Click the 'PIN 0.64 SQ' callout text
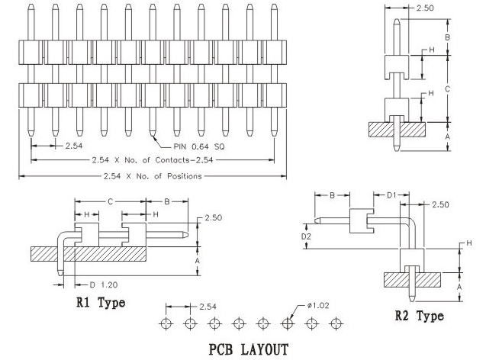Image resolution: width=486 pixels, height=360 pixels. (x=198, y=146)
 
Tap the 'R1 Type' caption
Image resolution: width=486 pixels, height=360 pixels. (x=101, y=302)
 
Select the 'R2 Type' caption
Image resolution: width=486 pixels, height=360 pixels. (x=419, y=316)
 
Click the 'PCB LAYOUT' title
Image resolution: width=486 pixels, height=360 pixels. (x=248, y=349)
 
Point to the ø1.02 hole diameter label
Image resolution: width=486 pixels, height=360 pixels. (x=318, y=306)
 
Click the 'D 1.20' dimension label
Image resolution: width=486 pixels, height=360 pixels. (x=104, y=284)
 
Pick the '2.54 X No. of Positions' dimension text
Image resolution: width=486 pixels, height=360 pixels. (x=153, y=176)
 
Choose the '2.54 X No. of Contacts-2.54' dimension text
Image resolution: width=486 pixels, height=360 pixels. (x=153, y=160)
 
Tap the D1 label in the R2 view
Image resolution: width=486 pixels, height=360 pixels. (x=392, y=194)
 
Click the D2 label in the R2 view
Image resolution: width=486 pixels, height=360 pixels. (x=306, y=236)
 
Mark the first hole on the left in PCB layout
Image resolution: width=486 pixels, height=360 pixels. (x=166, y=323)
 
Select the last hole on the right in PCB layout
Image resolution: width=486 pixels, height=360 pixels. (x=336, y=323)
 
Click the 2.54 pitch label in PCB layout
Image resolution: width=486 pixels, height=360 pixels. (x=208, y=307)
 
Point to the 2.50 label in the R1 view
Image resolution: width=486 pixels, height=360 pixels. (x=214, y=218)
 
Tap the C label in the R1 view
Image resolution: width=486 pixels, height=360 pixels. (x=110, y=202)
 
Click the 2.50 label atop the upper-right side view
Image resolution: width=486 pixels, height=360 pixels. (x=425, y=8)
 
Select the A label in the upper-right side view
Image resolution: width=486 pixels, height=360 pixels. (x=447, y=136)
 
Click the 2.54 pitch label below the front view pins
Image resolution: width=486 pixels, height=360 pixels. (x=74, y=146)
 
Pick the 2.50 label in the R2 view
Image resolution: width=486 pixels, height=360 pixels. (x=440, y=204)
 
